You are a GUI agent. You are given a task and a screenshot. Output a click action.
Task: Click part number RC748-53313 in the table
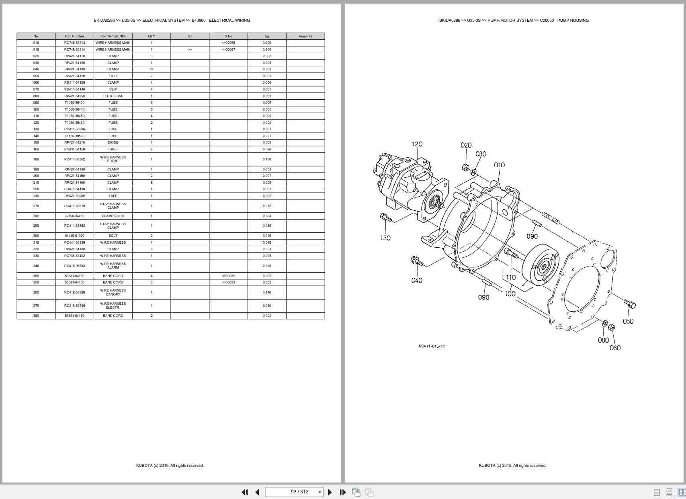click(74, 43)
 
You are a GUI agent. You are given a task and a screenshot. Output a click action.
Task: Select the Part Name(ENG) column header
click(113, 36)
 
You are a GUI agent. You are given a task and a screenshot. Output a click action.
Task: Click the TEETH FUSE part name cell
click(113, 96)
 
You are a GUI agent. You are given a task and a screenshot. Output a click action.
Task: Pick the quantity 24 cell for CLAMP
click(152, 69)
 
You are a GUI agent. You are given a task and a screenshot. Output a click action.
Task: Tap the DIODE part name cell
click(113, 142)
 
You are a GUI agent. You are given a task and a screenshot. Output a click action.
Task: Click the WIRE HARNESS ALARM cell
click(113, 266)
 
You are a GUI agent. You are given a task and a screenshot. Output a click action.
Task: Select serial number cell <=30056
click(228, 43)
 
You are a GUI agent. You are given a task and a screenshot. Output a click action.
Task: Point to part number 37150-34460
click(74, 216)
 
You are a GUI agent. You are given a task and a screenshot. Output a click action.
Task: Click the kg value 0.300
click(267, 266)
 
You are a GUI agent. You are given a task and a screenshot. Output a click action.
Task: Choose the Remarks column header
click(305, 36)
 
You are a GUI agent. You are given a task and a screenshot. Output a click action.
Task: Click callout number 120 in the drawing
click(417, 144)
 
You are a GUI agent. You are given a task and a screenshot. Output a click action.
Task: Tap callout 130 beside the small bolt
click(385, 238)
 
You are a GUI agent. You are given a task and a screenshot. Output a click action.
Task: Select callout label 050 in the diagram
click(628, 321)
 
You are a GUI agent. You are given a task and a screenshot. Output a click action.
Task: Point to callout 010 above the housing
click(499, 165)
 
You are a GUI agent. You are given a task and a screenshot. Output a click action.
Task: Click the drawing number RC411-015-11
click(432, 346)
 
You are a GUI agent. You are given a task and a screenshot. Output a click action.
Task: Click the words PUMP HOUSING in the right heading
click(573, 20)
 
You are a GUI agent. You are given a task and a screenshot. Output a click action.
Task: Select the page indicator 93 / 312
click(299, 492)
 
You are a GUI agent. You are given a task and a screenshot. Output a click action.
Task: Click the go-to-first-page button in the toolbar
click(244, 492)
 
